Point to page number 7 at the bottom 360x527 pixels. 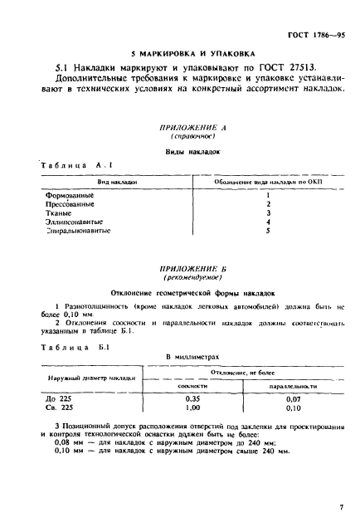coord(341,505)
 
